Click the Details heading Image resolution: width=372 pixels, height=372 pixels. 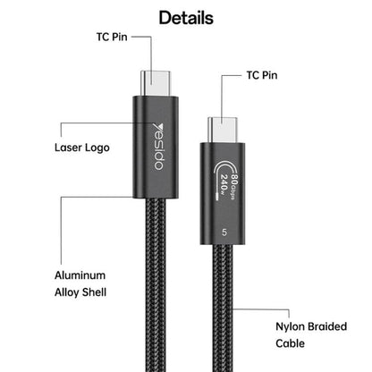tap(186, 18)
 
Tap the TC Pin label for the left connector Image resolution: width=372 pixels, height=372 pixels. tap(112, 37)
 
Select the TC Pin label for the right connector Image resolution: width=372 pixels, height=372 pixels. tap(262, 75)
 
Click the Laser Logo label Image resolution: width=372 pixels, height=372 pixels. tap(82, 148)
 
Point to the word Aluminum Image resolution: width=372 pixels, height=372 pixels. tap(80, 275)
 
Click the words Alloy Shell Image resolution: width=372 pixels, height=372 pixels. tap(80, 292)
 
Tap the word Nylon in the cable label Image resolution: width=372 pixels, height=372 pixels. tap(290, 326)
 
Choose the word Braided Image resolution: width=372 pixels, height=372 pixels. tap(327, 326)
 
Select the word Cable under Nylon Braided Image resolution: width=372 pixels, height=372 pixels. tap(290, 343)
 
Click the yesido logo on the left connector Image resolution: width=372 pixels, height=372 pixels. tap(158, 147)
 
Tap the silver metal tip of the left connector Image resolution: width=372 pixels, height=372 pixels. tap(156, 83)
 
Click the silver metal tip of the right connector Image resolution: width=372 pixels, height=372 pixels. tap(223, 130)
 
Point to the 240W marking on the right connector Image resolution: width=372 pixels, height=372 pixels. tap(224, 182)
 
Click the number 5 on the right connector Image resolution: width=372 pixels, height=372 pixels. tap(224, 232)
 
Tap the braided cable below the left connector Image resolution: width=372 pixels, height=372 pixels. tap(156, 284)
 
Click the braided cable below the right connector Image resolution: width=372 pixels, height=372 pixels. tap(223, 308)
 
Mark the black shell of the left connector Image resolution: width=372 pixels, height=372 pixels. tap(156, 148)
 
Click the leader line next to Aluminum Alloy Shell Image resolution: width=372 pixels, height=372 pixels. tap(61, 230)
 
